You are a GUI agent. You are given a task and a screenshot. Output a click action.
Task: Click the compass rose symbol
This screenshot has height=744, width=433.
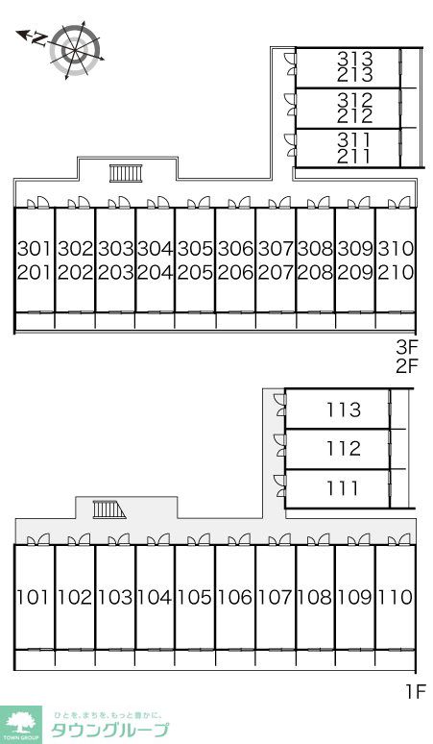[75, 49]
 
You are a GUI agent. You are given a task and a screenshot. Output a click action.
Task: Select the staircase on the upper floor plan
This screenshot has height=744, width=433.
[126, 173]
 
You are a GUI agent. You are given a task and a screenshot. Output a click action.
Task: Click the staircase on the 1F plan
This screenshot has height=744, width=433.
[108, 509]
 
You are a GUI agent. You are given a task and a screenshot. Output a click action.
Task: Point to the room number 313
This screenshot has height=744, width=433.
[355, 59]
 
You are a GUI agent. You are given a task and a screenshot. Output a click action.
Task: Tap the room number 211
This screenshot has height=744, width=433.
[355, 156]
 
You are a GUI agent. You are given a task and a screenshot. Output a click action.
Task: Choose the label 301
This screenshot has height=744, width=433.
[35, 248]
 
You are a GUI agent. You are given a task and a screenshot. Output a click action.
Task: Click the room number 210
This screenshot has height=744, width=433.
[397, 272]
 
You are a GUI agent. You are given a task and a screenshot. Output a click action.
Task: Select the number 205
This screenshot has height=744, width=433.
[195, 272]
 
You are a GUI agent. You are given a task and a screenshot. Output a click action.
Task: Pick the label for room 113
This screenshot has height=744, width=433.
[344, 409]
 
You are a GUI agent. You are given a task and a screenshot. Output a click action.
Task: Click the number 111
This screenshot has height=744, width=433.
[342, 488]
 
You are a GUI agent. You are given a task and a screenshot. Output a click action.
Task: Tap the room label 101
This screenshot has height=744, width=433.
[34, 597]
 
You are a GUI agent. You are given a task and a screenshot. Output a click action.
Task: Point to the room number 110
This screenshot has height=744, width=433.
[396, 597]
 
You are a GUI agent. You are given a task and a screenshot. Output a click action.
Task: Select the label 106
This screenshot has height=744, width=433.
[235, 597]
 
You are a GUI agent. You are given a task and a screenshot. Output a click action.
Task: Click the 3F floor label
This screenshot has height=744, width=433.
[407, 347]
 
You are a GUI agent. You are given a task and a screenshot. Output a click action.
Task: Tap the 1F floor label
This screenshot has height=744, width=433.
[416, 691]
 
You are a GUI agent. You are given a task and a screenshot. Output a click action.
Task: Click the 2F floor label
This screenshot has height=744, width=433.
[407, 366]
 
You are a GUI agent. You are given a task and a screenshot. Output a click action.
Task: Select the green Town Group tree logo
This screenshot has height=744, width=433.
[21, 725]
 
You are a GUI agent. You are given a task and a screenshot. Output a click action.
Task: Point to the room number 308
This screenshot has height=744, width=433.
[316, 248]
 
